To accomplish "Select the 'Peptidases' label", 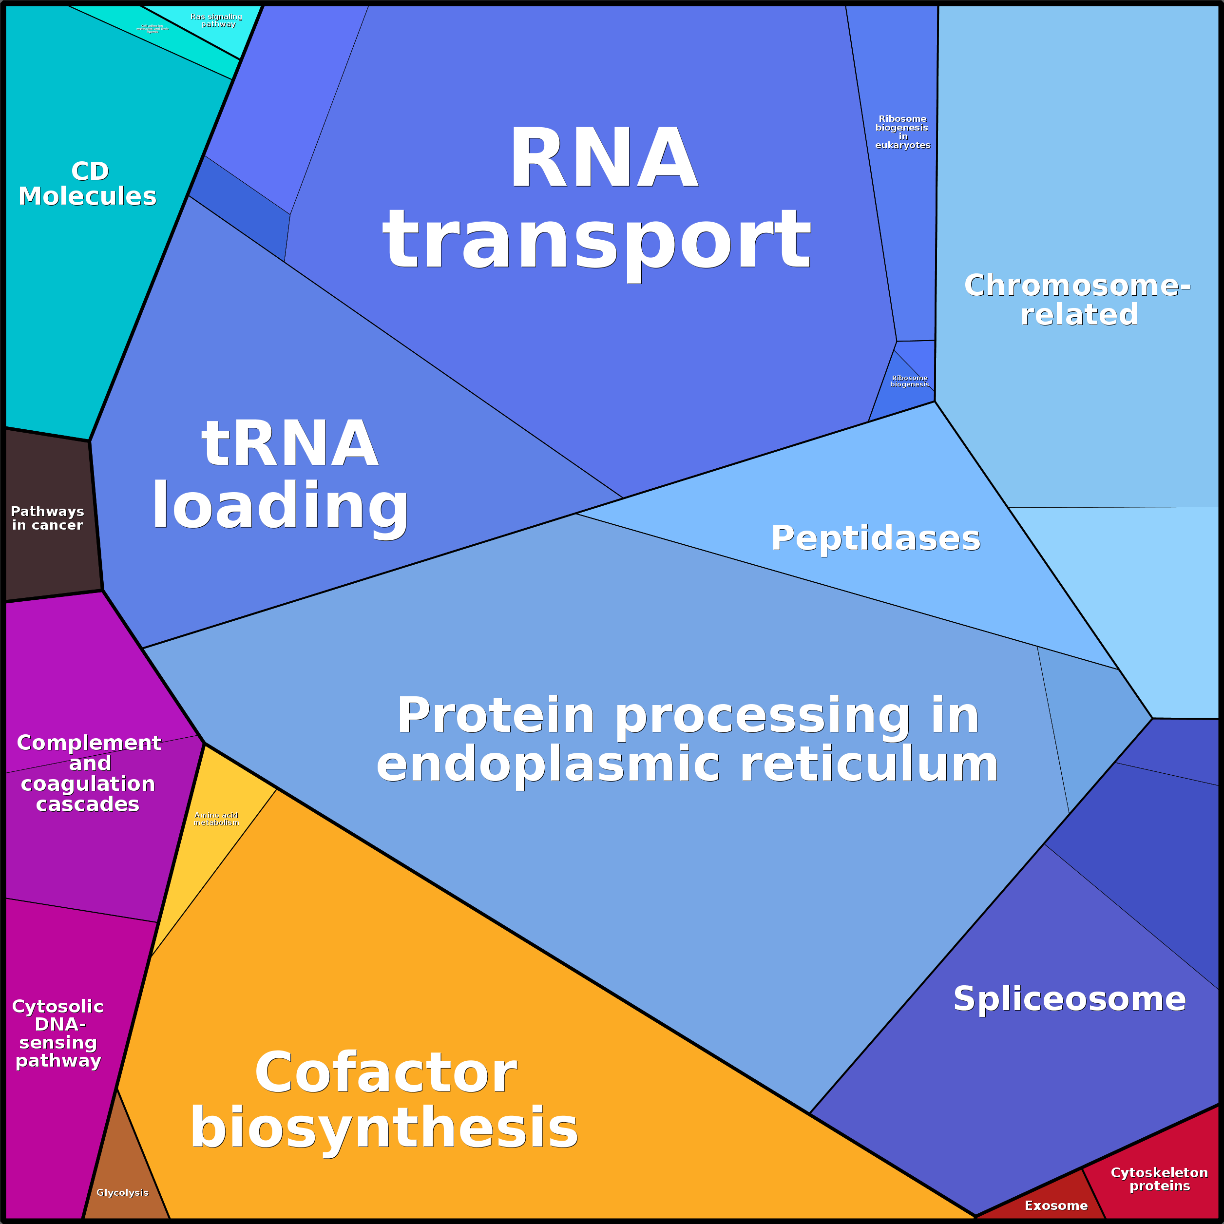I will (x=876, y=538).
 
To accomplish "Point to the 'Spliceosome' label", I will (x=1070, y=999).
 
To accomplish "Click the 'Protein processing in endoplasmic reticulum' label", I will (x=688, y=739).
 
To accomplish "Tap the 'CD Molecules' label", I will (x=88, y=184).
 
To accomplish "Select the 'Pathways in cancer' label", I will (x=48, y=518).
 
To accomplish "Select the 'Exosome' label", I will (x=1056, y=1205).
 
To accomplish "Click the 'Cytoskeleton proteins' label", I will (x=1159, y=1179).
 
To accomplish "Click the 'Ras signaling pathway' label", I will (x=217, y=20).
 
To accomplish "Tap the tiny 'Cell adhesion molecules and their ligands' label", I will (x=153, y=29).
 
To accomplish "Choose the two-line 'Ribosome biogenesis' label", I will (x=909, y=381).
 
